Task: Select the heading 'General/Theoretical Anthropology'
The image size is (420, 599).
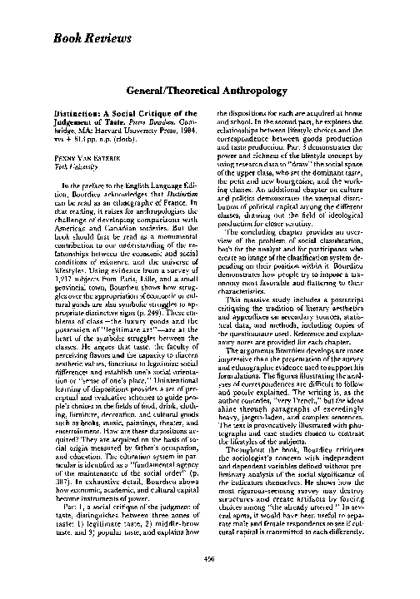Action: [x=209, y=91]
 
